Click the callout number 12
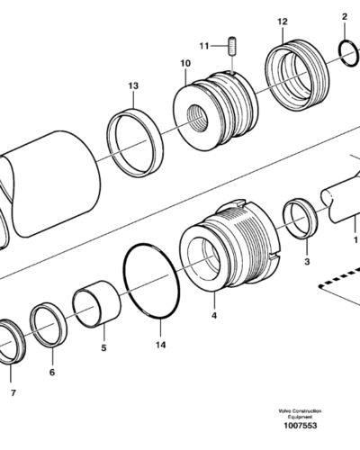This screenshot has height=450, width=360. (283, 22)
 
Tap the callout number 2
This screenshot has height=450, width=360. (345, 17)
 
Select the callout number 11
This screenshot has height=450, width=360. (204, 46)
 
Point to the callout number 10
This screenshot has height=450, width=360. (185, 63)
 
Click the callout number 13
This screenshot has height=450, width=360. (133, 85)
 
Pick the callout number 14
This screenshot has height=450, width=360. (160, 345)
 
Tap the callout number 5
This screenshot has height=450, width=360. (103, 348)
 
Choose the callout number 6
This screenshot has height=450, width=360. (52, 373)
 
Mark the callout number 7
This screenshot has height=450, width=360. (13, 393)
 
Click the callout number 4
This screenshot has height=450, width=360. (214, 316)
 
